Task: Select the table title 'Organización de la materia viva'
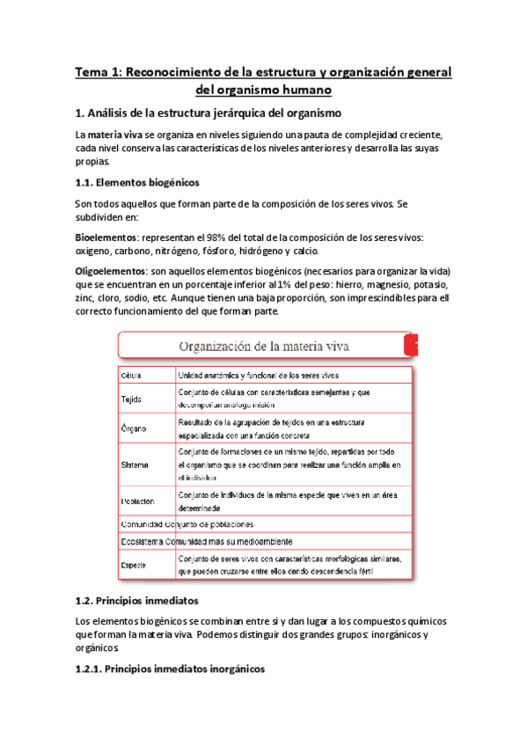click(265, 346)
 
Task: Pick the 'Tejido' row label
click(131, 399)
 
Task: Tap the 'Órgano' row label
click(133, 428)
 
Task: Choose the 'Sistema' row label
click(135, 464)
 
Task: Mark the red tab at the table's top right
click(410, 346)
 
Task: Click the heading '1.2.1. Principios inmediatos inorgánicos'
click(170, 669)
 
